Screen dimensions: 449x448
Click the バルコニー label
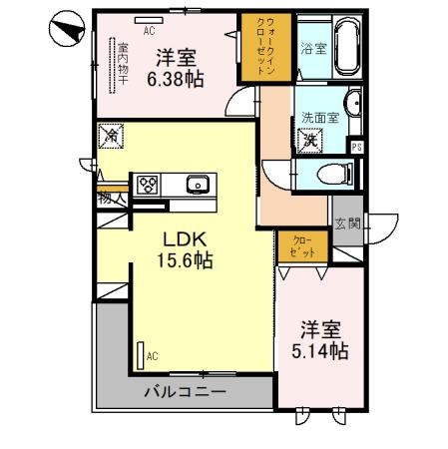183,391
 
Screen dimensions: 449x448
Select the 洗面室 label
320,118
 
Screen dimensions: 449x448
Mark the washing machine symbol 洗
310,140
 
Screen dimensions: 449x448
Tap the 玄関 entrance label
347,224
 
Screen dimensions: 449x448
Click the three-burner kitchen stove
148,185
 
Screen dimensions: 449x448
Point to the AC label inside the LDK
152,355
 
